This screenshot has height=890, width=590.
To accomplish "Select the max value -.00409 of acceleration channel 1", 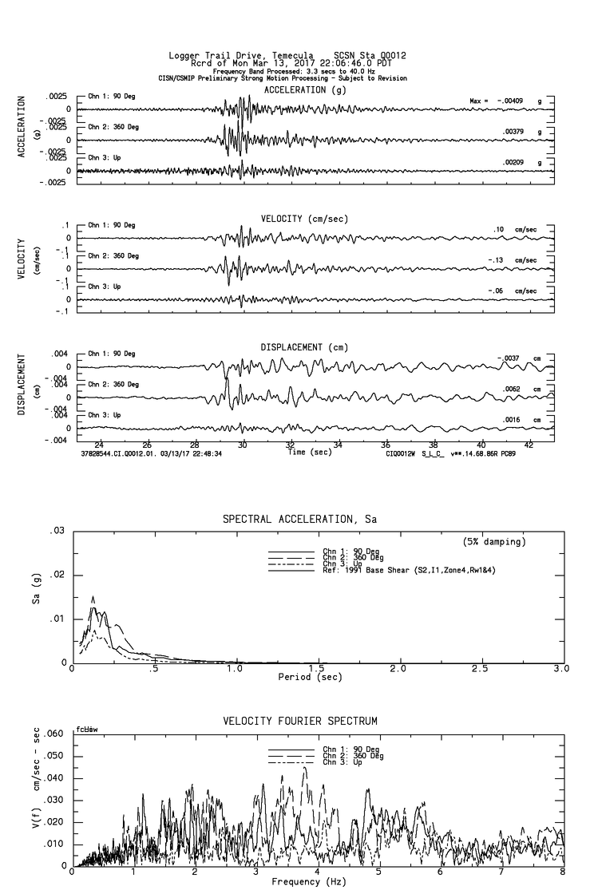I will click(x=515, y=101).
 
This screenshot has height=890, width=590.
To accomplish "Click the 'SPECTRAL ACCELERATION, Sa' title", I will click(x=299, y=520).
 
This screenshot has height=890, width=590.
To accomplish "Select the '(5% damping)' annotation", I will click(x=494, y=542).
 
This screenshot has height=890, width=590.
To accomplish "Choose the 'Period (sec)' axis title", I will click(x=309, y=677).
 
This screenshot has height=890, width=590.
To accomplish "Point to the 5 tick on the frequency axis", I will click(x=380, y=872).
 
